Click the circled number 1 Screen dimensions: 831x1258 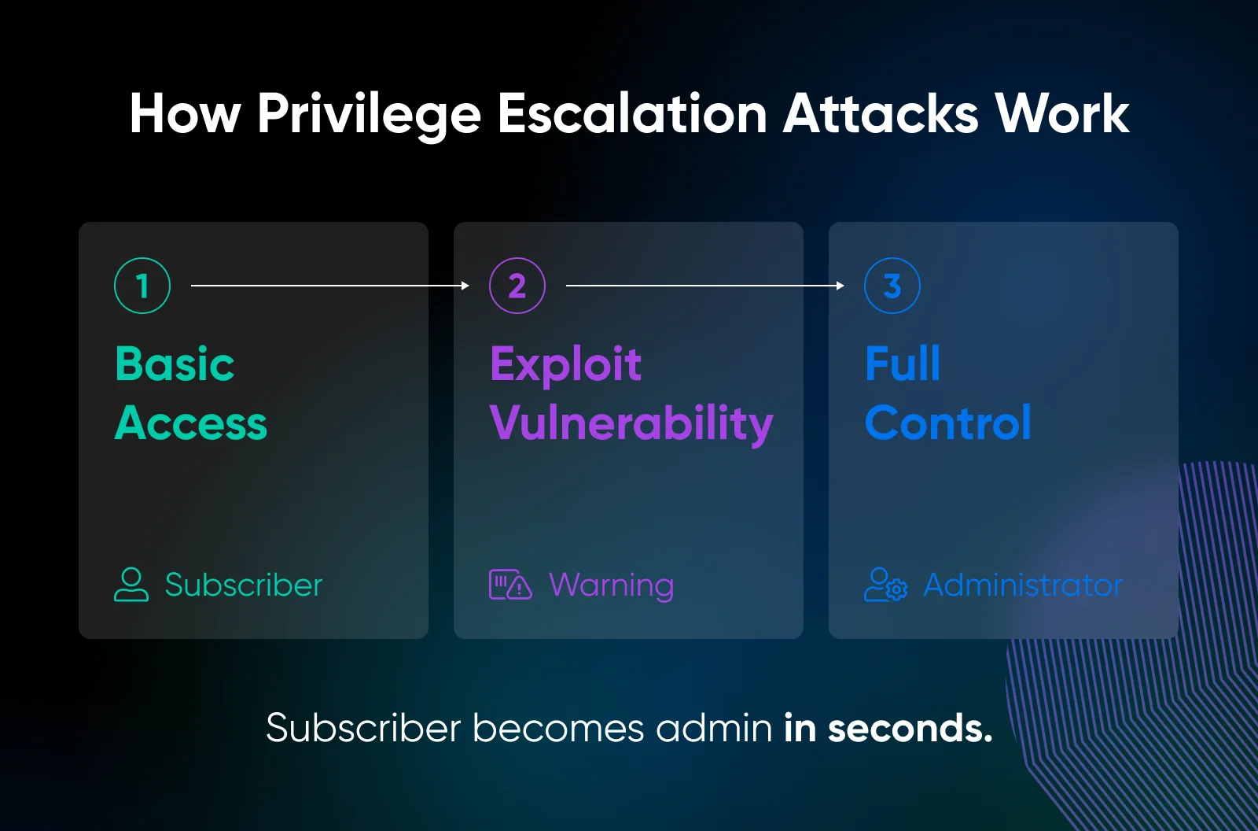(x=142, y=286)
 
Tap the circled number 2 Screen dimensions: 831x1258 (x=517, y=286)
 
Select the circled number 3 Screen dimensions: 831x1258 (x=892, y=286)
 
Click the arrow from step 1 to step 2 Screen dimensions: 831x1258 (x=330, y=286)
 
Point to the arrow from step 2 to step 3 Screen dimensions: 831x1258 (x=705, y=286)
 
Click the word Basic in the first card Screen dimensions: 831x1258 (x=175, y=364)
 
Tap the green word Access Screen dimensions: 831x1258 (x=191, y=423)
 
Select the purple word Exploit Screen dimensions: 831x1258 (x=565, y=364)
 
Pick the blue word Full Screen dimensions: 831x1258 (x=903, y=364)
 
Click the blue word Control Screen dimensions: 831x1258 (x=948, y=423)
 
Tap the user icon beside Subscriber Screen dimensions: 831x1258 (x=131, y=585)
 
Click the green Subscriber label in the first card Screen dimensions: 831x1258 (x=244, y=585)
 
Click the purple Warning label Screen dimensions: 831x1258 (x=612, y=585)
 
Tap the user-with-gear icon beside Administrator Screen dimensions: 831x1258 (x=885, y=585)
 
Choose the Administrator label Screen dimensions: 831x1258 (x=1023, y=585)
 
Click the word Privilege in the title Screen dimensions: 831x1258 (x=369, y=115)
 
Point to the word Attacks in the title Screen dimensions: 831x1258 (x=881, y=114)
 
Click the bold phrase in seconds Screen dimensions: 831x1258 (x=888, y=728)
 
